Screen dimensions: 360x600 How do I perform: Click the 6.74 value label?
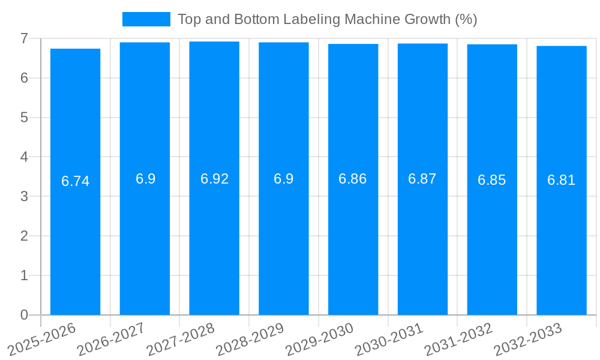click(x=75, y=181)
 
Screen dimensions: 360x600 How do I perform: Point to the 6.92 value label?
click(x=214, y=179)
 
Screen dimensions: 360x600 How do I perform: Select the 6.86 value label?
click(x=353, y=179)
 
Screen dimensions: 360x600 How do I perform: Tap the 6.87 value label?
click(x=422, y=179)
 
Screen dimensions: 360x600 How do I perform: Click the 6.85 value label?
click(x=492, y=180)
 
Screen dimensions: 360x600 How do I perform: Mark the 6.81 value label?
click(x=562, y=180)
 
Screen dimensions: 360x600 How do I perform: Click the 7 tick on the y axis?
click(x=24, y=38)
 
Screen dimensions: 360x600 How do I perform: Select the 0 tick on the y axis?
click(x=24, y=315)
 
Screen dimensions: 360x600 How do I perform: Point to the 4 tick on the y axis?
click(x=24, y=157)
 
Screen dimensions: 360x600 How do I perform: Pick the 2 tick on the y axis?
click(x=24, y=236)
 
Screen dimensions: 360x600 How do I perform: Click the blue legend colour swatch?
click(x=146, y=19)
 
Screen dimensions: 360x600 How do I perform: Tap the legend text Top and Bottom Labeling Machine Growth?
click(x=327, y=19)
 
